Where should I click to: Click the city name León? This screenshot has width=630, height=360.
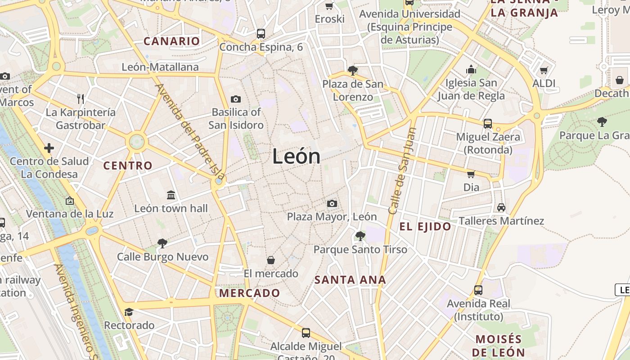296,157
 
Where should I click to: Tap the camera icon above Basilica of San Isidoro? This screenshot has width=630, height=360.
235,99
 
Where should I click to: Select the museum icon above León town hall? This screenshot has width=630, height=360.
171,195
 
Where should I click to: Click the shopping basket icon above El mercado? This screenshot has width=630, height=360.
271,260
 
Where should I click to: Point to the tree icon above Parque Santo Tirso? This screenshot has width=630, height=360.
360,236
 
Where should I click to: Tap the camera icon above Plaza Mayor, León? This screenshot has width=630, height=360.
332,203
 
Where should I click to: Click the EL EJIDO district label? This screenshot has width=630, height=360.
425,227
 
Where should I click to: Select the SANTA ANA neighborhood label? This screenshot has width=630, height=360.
350,280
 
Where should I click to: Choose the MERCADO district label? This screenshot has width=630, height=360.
249,293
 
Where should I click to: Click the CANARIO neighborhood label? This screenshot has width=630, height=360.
171,41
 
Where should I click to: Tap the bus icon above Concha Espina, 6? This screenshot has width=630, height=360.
261,33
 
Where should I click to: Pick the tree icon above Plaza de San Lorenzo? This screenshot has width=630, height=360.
353,70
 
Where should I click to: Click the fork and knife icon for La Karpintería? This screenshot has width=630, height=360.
81,99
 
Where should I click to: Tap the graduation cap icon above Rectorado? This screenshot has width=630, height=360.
129,312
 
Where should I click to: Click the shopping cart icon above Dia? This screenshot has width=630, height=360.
471,174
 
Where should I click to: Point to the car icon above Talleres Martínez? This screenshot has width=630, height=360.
501,207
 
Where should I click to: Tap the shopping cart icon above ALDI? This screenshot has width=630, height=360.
544,70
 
